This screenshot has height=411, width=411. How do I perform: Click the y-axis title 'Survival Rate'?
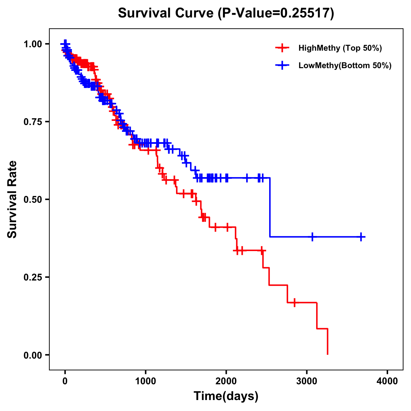click(12, 199)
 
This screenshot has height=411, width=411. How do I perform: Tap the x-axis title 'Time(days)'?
click(226, 396)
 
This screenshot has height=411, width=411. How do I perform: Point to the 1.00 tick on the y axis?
click(33, 44)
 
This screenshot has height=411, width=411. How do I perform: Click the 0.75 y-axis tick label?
click(33, 122)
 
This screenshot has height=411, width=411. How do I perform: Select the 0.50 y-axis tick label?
click(33, 200)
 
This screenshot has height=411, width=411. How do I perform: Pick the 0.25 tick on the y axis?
click(33, 277)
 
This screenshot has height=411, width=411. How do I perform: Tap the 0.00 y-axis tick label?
click(33, 355)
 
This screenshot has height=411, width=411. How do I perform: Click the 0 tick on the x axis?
click(65, 381)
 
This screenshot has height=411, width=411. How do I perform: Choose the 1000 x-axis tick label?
click(146, 381)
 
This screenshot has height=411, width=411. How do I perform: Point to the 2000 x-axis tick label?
click(226, 381)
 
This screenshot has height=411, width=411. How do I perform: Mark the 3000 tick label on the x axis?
click(307, 381)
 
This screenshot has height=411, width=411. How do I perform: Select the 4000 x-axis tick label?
click(387, 381)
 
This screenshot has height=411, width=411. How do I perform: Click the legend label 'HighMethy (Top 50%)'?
click(340, 48)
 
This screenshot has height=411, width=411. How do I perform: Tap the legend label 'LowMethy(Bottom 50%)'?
click(345, 65)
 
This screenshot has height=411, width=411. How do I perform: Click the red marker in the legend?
click(282, 48)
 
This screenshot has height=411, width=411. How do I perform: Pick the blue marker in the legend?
click(282, 65)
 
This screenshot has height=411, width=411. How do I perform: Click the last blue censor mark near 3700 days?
click(361, 237)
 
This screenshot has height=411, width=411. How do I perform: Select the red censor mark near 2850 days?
click(294, 303)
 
